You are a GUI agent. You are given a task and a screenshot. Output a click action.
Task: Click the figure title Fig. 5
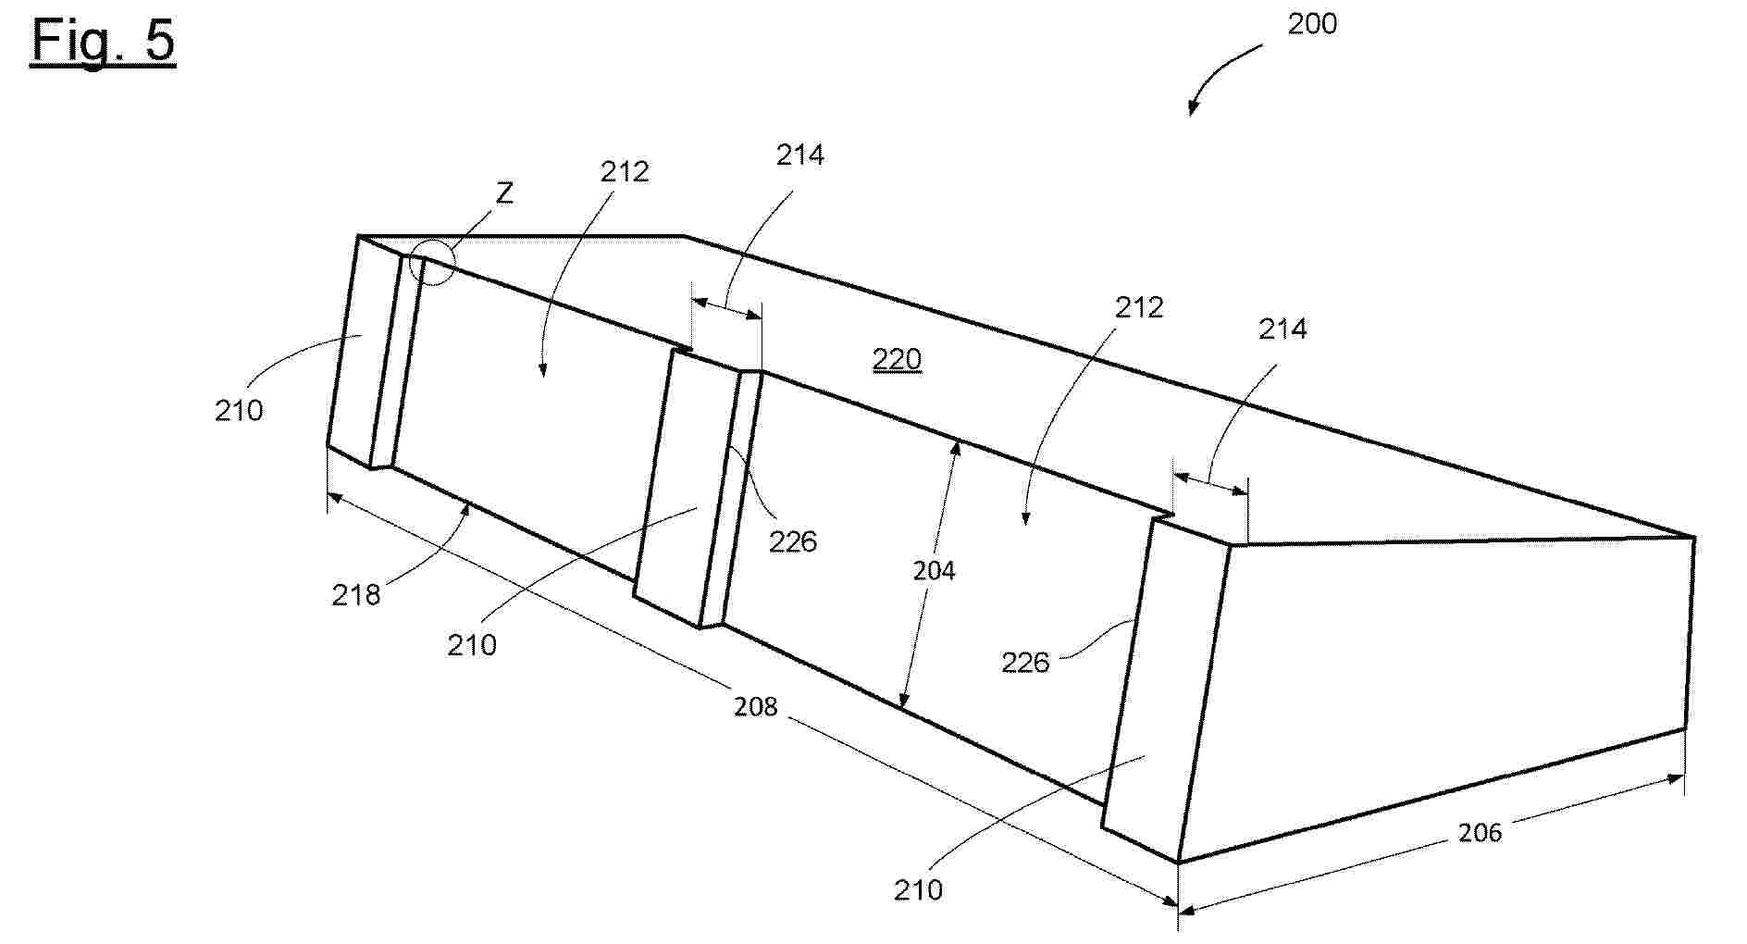coord(103,42)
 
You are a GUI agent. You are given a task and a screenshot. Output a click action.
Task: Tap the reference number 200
coord(1312,24)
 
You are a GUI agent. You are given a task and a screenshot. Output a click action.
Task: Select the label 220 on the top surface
coord(897,359)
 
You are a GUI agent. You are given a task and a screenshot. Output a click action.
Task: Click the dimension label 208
coord(756,707)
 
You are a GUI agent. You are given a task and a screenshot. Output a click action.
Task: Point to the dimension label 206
coord(1480,833)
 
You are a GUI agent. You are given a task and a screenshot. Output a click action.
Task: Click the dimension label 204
coord(934,571)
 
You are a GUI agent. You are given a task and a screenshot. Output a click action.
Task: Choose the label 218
coord(356,595)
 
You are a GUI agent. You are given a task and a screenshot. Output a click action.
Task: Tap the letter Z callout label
coord(504,193)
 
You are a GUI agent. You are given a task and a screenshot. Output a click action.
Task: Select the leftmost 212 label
coord(625,172)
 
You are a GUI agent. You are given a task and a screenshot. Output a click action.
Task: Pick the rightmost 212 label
coord(1138,307)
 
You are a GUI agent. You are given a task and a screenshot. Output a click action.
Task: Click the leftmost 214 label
coord(799,155)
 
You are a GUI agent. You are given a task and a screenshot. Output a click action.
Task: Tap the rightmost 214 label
coord(1282,329)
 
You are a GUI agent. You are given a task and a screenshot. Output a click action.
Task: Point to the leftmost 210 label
coord(239,410)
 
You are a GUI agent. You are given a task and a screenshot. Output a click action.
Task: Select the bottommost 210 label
coord(918,890)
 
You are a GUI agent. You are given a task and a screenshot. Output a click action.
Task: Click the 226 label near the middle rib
coord(793,541)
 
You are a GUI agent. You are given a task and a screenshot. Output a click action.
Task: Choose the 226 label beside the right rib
coord(1025,663)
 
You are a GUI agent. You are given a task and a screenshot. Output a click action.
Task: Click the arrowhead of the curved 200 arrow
coord(1193,108)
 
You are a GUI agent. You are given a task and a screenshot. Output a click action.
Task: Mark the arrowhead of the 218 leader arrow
coord(469,505)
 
